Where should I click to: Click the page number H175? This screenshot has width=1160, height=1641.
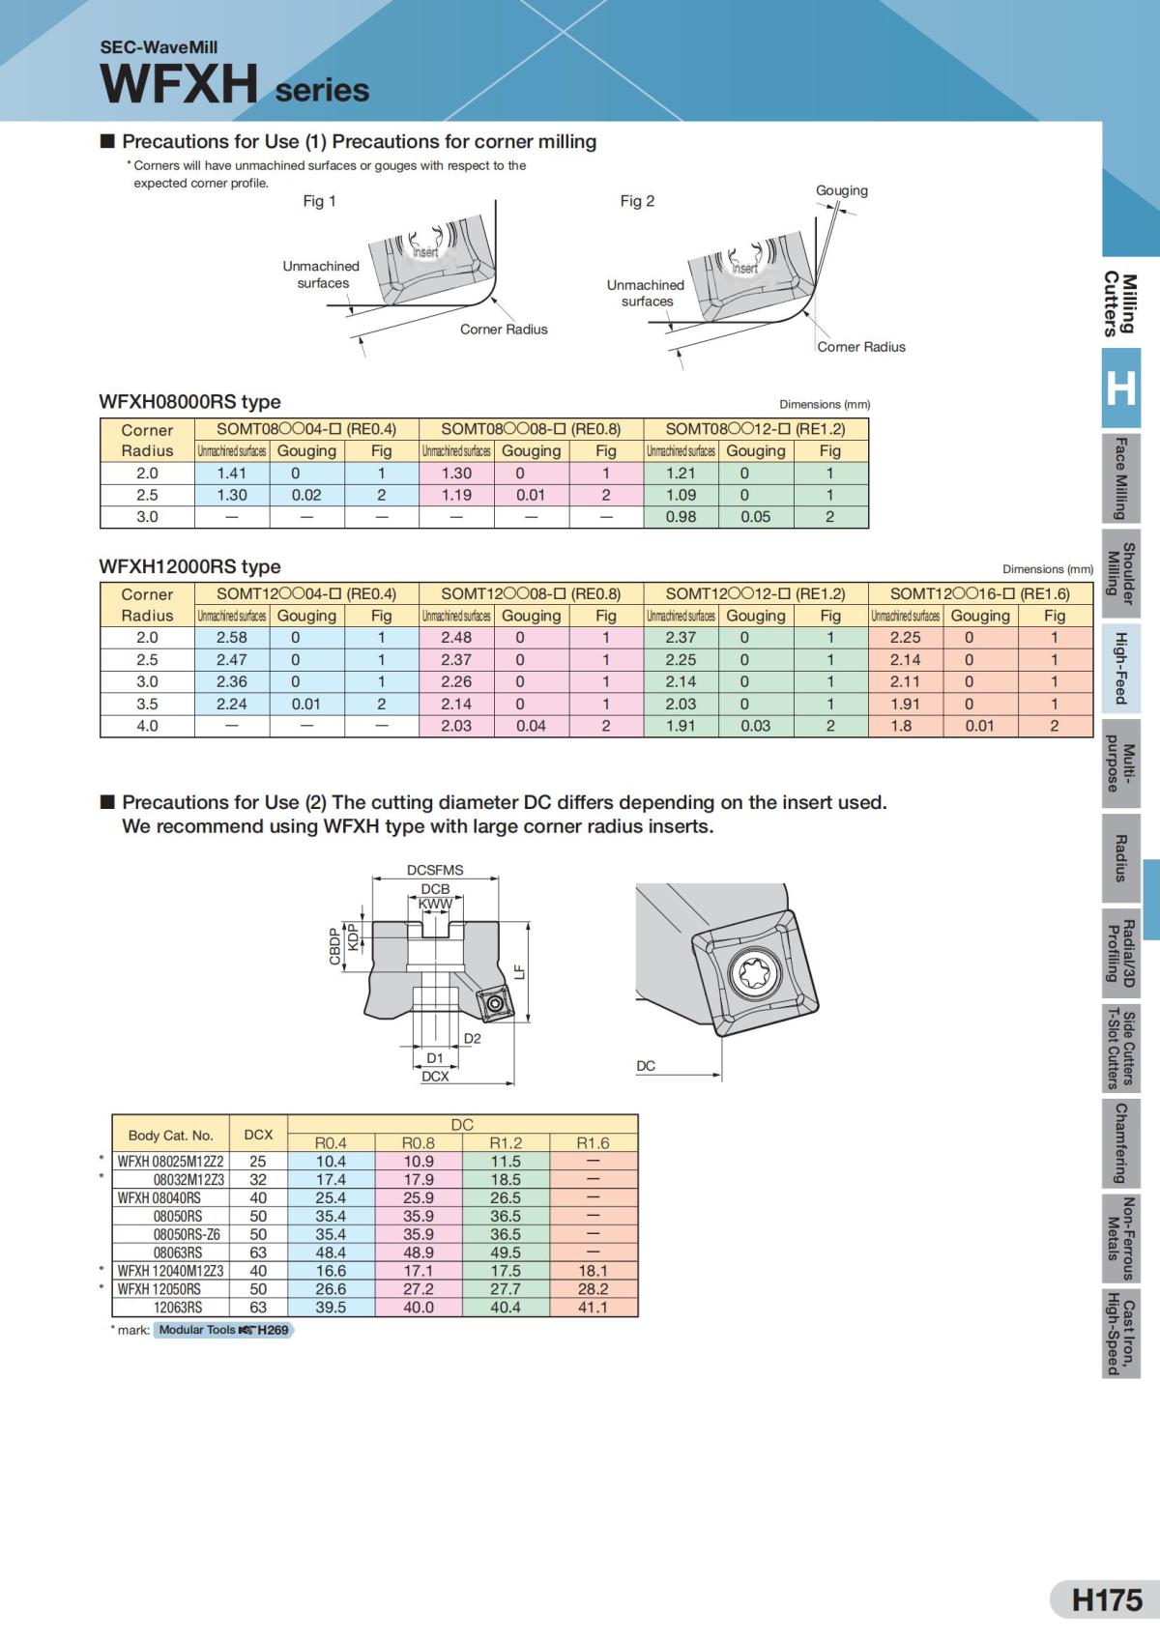1107,1599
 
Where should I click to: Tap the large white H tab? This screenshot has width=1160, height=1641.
1120,389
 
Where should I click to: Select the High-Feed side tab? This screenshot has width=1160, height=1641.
1120,668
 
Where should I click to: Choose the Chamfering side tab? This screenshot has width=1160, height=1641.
1120,1143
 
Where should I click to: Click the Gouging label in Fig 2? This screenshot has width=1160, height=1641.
841,190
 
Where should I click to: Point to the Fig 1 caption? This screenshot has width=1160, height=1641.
319,201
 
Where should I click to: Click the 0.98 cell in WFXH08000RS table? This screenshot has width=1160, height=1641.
681,517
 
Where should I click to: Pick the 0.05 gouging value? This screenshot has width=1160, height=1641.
755,517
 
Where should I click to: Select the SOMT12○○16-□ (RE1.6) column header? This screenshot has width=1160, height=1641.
979,594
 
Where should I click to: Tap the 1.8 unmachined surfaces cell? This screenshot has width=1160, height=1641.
901,726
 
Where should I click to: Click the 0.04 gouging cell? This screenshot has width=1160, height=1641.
531,726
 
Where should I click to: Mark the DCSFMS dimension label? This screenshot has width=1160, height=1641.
435,870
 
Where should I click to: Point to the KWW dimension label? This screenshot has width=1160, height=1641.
435,905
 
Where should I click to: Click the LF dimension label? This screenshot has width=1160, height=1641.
519,971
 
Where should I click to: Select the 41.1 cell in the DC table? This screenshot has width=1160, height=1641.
593,1308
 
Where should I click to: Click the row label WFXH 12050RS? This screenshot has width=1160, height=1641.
159,1289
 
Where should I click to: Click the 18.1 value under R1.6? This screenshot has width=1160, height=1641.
593,1271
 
